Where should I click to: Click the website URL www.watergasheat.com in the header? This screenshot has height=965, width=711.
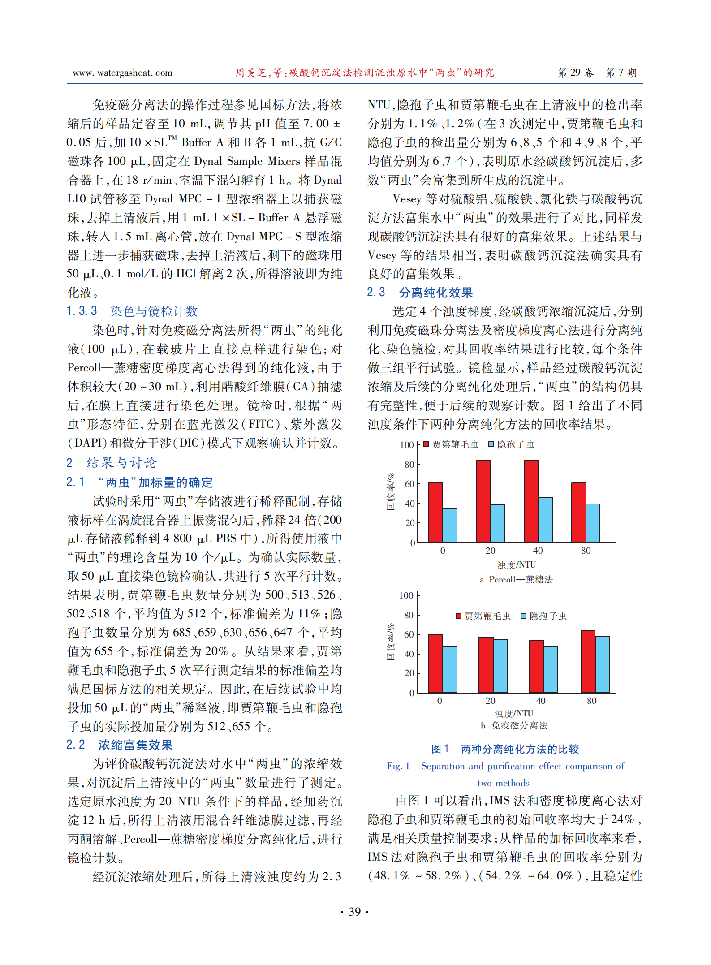(x=122, y=73)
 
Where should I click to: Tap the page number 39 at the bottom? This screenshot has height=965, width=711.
(x=354, y=911)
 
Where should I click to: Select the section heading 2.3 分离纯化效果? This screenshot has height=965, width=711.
(x=420, y=293)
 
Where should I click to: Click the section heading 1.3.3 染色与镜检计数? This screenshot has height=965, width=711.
(x=132, y=311)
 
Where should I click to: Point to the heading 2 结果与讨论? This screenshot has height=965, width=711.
(x=112, y=463)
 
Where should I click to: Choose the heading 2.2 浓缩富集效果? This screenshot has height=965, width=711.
(x=119, y=745)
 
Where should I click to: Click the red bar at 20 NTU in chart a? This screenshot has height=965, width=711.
(x=483, y=501)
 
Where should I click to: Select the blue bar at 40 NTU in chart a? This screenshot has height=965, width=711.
(x=545, y=520)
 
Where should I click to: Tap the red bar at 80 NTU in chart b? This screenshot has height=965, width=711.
(x=588, y=661)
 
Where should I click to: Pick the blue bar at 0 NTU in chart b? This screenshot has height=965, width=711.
(x=450, y=670)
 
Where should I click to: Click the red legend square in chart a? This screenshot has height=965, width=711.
(x=426, y=444)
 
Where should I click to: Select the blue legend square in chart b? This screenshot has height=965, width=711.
(x=523, y=616)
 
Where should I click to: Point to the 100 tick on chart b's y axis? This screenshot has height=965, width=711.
(x=406, y=595)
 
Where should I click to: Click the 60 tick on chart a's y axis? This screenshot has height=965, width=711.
(x=409, y=484)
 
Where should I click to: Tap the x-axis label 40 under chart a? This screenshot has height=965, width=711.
(x=538, y=551)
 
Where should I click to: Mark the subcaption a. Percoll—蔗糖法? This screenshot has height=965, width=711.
(x=516, y=579)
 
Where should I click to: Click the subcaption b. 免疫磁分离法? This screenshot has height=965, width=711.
(x=514, y=725)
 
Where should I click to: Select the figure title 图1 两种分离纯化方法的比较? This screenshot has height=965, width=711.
(x=505, y=749)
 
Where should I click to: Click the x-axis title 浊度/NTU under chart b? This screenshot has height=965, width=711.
(x=514, y=713)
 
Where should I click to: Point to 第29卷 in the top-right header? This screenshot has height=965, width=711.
(x=576, y=73)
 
